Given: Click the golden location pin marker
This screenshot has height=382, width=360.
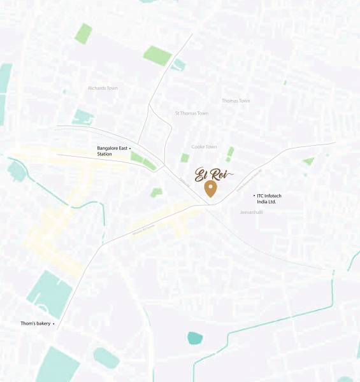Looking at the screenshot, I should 210,188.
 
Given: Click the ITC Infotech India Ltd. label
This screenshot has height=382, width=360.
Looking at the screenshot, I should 271,199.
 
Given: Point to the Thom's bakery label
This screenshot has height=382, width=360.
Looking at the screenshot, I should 35,323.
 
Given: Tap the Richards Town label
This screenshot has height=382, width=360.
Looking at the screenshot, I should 103,88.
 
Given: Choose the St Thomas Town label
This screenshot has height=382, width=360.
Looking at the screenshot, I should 192,113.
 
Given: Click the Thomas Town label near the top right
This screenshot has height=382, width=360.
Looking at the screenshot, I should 236,101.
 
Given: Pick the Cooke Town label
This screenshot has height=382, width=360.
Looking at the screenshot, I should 204,147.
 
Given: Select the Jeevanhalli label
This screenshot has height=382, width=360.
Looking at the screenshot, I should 251,211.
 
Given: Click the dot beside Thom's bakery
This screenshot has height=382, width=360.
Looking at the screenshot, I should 54,323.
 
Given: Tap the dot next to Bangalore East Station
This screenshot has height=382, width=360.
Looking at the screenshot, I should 130,148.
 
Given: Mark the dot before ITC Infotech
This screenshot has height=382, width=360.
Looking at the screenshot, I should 254,195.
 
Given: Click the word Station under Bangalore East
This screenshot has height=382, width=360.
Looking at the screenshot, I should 104,154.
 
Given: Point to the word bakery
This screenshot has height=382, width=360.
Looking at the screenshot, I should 43,323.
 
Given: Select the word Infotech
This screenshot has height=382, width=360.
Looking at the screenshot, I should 277,195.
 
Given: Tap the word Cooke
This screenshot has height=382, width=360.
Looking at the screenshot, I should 198,147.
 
